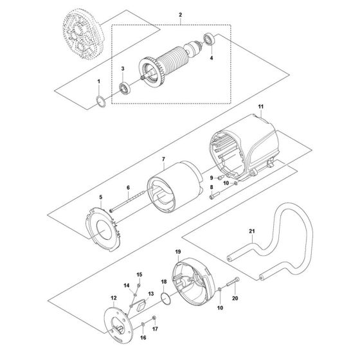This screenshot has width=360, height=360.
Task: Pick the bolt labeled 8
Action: click(213, 197)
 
